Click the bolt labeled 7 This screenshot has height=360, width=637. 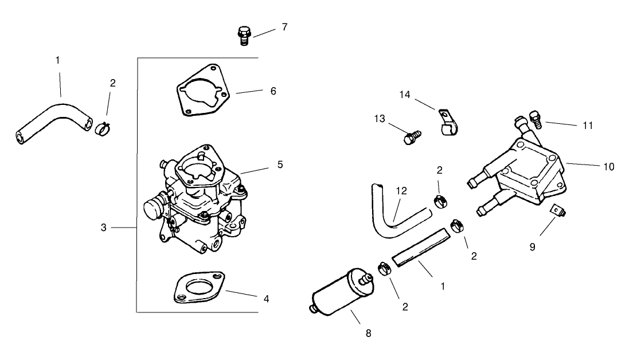pyautogui.click(x=243, y=35)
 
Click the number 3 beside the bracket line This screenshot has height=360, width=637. pyautogui.click(x=104, y=228)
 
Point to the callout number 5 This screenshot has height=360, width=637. pyautogui.click(x=280, y=164)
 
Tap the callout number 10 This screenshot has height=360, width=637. pyautogui.click(x=608, y=167)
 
